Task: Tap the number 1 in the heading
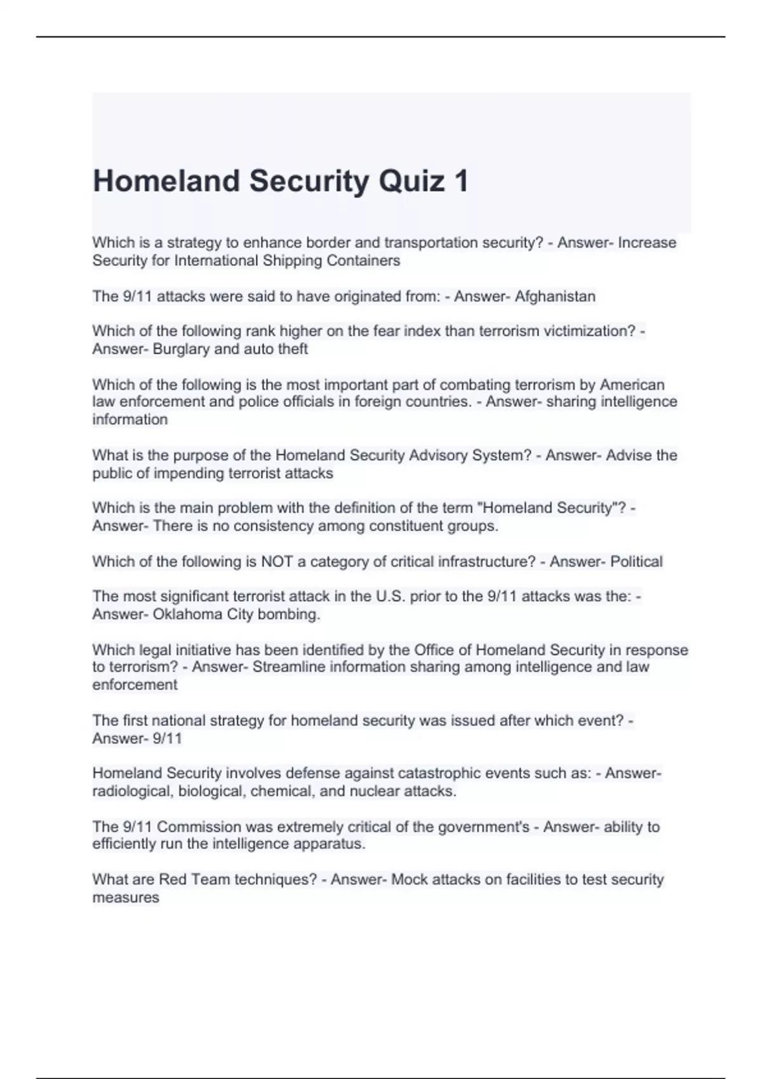461,181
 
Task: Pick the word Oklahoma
184,614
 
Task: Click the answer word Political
636,562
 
